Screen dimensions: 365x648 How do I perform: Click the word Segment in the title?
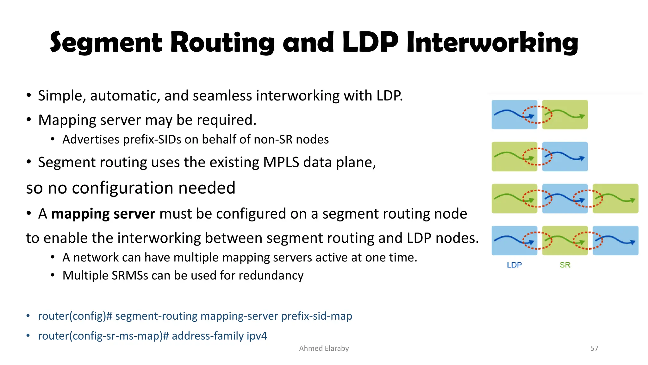tap(106, 43)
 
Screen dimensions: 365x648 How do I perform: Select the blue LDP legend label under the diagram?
tap(514, 265)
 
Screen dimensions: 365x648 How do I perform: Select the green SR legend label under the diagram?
tap(565, 265)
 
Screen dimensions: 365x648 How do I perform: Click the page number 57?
tap(594, 348)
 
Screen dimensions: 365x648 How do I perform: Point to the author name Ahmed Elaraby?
tap(324, 348)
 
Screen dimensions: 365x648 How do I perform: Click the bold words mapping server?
tap(103, 214)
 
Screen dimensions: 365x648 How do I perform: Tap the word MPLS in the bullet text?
tap(281, 162)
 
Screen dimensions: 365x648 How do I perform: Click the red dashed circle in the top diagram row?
tap(537, 114)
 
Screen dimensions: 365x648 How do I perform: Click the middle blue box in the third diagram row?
tap(565, 198)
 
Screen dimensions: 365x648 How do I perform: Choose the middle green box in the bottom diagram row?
tap(565, 240)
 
